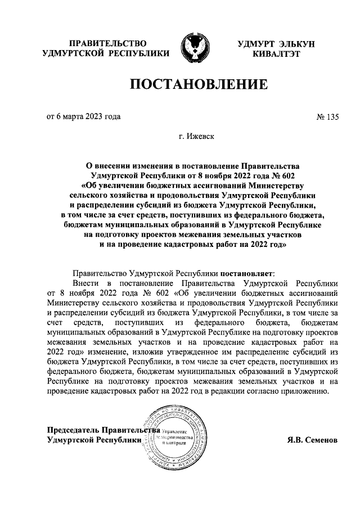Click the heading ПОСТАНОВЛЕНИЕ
point(197,85)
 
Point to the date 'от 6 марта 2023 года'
point(83,118)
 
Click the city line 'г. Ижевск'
point(197,136)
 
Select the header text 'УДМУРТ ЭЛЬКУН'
point(276,43)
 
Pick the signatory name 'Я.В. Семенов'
point(311,440)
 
